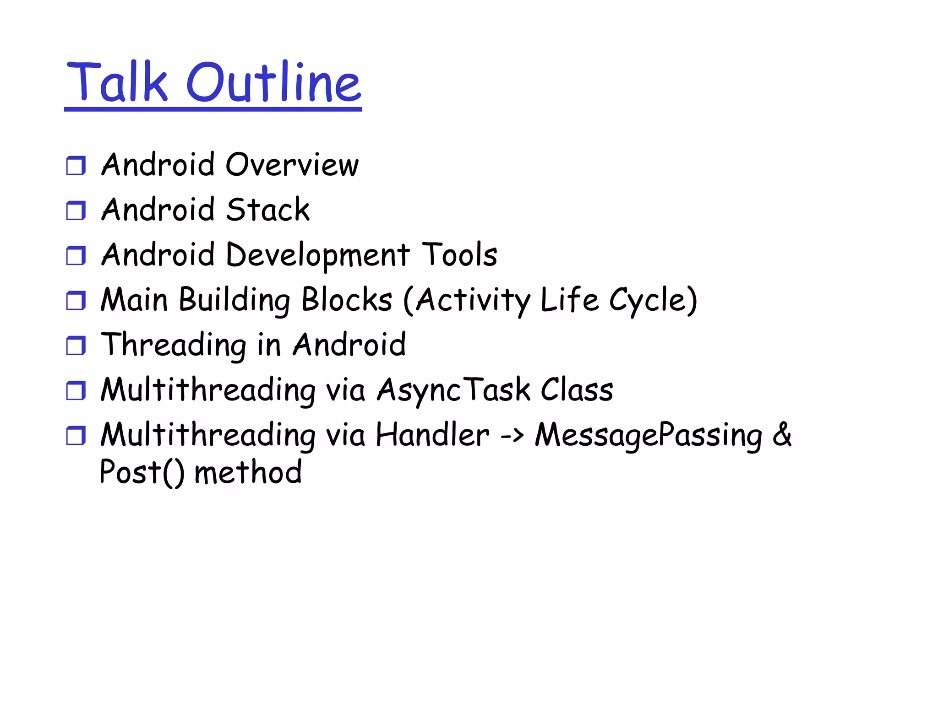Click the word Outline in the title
pos(274,82)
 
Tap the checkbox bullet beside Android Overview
pos(76,166)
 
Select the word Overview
pos(292,165)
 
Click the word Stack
pos(268,210)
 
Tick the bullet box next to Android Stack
pos(76,211)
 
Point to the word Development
pos(318,255)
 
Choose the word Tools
pos(459,254)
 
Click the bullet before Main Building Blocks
pos(76,301)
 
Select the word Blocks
pos(347,300)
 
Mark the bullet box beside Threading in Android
pos(76,346)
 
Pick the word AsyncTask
pos(453,390)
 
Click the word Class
pos(577,389)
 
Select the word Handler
pos(432,435)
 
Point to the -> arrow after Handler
pos(512,435)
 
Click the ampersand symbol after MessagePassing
pos(782,434)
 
